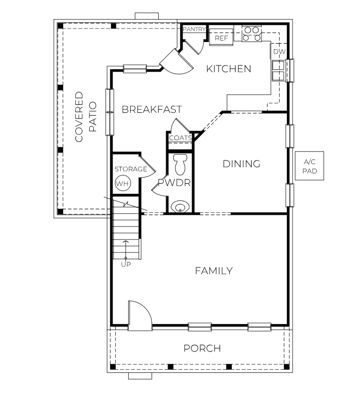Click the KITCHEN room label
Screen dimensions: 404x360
click(x=229, y=69)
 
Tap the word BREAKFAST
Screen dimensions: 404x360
click(x=151, y=110)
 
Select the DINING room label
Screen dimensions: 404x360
click(x=241, y=164)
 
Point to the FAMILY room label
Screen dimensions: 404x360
click(x=213, y=271)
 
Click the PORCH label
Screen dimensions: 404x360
click(x=202, y=348)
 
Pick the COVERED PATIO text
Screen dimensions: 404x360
click(x=86, y=117)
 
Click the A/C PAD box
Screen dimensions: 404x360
click(x=310, y=167)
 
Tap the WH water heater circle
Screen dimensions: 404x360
click(x=122, y=183)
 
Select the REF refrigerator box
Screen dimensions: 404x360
click(x=221, y=38)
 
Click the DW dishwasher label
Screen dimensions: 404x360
click(x=279, y=52)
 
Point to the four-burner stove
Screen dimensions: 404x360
click(x=252, y=34)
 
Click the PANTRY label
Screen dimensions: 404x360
click(x=194, y=30)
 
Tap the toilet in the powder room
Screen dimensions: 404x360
click(x=180, y=164)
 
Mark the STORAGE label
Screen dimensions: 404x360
click(x=131, y=169)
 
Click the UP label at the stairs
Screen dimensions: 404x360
click(x=126, y=264)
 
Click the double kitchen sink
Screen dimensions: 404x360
click(x=279, y=71)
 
